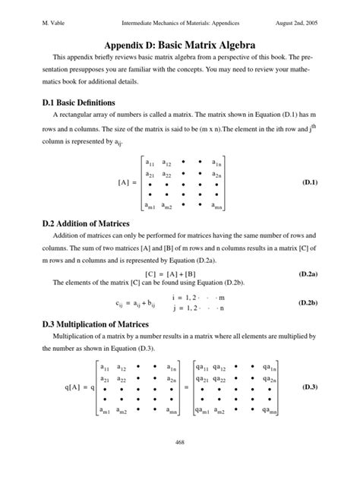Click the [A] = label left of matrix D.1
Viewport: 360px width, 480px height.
click(x=128, y=183)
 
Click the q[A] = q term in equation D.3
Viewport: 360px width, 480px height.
click(x=79, y=387)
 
